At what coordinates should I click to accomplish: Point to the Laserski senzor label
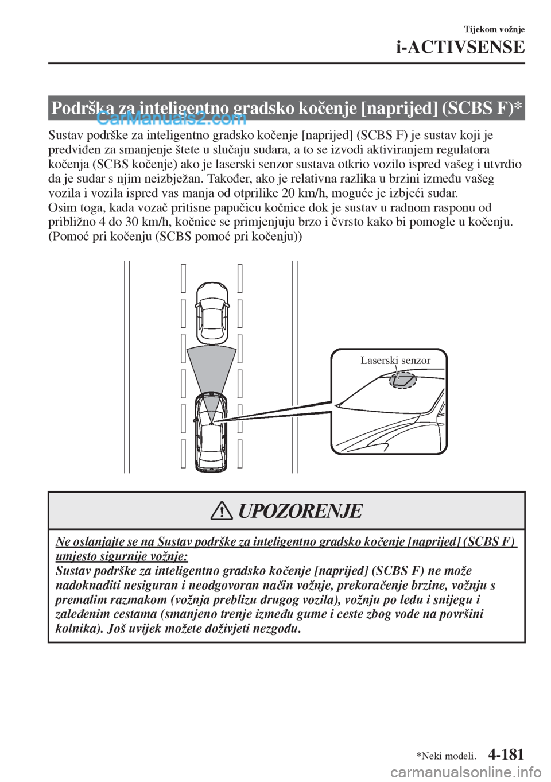395,361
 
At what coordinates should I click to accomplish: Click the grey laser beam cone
211,373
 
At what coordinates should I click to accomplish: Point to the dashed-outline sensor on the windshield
402,380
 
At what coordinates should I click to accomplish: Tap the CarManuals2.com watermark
172,119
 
